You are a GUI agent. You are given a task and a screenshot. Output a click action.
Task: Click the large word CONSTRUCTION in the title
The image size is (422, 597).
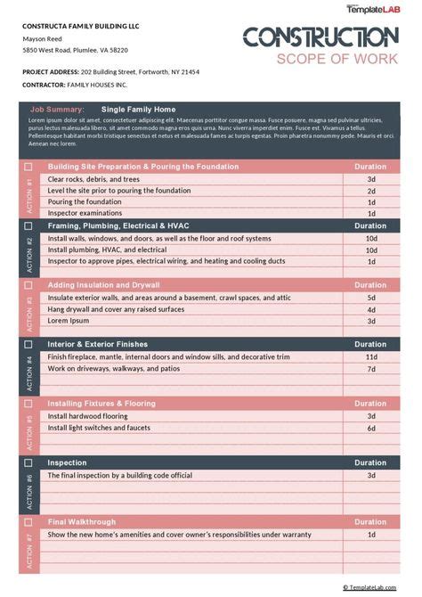coord(321,37)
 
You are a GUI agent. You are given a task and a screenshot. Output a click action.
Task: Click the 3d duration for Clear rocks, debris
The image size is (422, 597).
coord(371,179)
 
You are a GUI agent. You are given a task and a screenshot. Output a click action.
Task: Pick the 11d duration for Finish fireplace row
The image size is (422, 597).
coord(371,356)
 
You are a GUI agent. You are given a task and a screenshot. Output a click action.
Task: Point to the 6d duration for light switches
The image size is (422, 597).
coord(371,428)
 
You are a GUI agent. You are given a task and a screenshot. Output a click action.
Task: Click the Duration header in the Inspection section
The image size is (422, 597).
coord(370,463)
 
